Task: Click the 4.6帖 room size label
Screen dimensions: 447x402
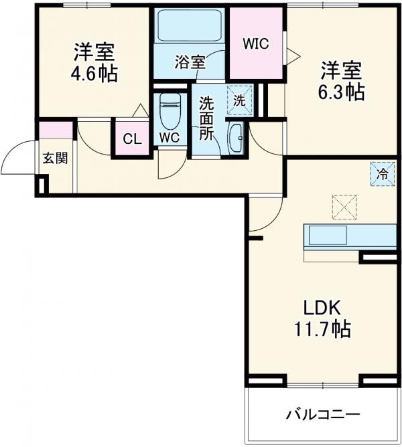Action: pos(93,72)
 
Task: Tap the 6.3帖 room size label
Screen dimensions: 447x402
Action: pos(341,91)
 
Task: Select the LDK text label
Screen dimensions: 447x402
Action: pos(323,308)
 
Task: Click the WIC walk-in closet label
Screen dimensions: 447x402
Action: pos(255,44)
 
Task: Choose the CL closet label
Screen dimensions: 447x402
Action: pos(132,140)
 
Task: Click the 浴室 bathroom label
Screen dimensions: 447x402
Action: pos(190,63)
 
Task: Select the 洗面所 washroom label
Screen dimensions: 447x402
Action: pos(207,118)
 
